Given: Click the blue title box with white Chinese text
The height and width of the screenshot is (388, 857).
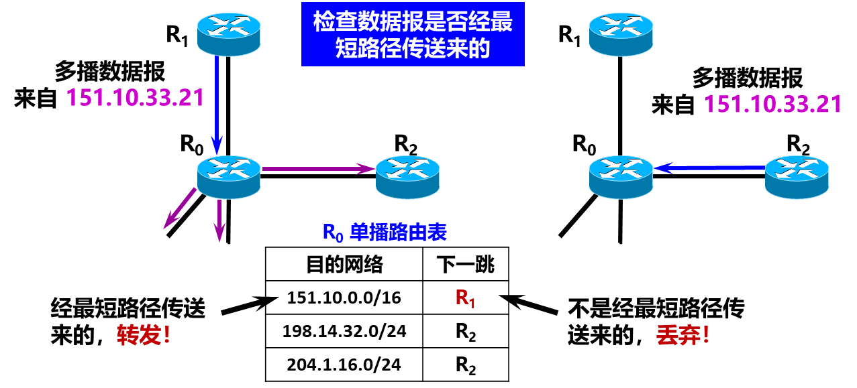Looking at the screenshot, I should pos(413,34).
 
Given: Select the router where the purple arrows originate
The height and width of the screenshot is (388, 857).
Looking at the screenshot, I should pos(228,177).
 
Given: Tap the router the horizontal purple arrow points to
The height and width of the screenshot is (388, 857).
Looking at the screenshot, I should pos(407,177).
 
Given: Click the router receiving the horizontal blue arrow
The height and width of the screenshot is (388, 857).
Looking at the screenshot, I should pos(621,177).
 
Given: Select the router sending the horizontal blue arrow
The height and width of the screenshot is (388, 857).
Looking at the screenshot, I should pos(797,177).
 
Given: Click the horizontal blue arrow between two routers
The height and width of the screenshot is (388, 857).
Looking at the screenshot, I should pos(710,168).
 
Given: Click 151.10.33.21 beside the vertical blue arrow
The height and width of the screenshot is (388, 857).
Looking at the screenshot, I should pos(135,98).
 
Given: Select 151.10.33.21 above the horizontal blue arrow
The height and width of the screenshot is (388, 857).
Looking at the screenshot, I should pos(772,105).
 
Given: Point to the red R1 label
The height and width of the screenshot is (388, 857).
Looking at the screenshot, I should pos(465,298).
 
